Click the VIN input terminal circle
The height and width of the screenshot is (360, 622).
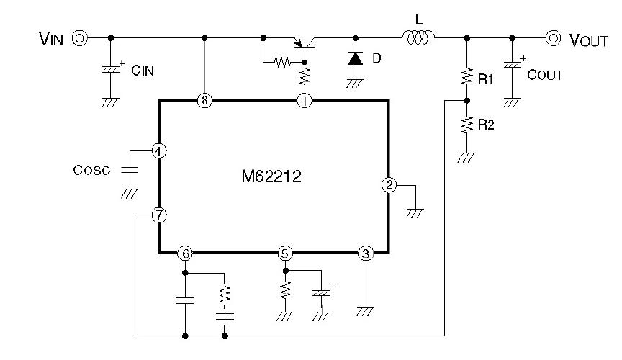(x=79, y=38)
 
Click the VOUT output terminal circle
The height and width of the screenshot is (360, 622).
(x=554, y=38)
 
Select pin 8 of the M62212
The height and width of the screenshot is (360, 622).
(x=205, y=101)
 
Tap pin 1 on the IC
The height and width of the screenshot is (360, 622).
(x=305, y=101)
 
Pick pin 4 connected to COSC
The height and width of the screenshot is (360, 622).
(x=159, y=151)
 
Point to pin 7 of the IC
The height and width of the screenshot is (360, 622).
(x=159, y=215)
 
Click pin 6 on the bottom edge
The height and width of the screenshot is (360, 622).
(x=186, y=253)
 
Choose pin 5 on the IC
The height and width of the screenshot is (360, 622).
(x=286, y=253)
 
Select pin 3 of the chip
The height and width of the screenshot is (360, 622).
(x=366, y=253)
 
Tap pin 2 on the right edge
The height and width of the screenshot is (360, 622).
(x=389, y=184)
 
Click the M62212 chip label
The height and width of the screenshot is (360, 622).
(x=271, y=175)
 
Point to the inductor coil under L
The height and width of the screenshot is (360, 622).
(x=418, y=36)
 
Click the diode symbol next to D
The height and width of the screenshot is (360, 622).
(x=355, y=58)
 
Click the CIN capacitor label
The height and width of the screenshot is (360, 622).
(x=143, y=71)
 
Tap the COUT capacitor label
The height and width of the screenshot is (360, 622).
(x=544, y=75)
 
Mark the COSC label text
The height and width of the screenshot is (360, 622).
(x=92, y=171)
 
